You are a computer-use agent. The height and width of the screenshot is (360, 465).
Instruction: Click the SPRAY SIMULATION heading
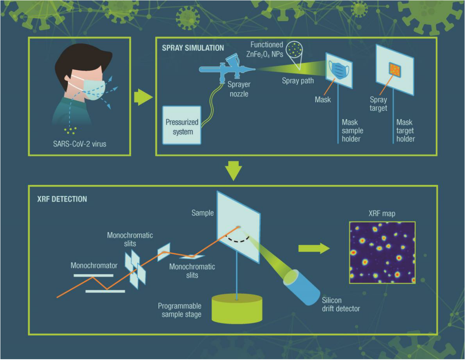tap(193, 48)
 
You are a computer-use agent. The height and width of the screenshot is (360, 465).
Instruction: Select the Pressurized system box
tap(182, 125)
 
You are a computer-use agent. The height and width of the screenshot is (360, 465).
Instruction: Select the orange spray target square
tap(394, 69)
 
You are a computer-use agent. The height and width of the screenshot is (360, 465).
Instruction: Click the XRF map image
tap(382, 252)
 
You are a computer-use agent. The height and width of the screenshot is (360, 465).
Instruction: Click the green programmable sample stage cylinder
tap(237, 309)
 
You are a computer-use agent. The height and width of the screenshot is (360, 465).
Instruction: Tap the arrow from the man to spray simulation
tap(142, 98)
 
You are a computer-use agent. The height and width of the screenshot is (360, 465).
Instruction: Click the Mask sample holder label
tap(353, 131)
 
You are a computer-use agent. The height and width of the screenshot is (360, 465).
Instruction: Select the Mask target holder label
tap(405, 131)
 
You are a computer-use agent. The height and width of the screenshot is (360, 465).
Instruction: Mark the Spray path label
tap(298, 80)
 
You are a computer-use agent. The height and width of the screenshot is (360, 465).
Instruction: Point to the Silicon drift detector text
tap(341, 305)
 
